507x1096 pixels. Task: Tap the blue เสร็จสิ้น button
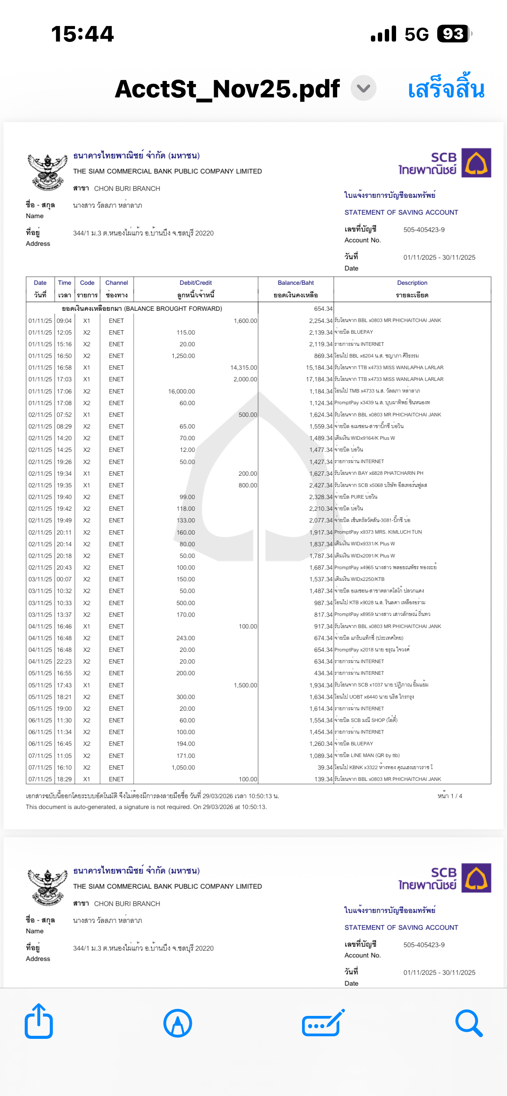click(446, 89)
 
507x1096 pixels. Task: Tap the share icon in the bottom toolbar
click(39, 1022)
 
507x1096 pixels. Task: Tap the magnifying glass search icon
click(469, 1023)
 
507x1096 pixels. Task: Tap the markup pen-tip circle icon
click(178, 1023)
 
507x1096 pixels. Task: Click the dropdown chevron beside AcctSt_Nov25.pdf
click(364, 88)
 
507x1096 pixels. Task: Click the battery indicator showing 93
click(453, 34)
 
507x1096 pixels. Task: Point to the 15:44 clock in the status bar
click(82, 34)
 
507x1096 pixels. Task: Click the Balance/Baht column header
click(296, 283)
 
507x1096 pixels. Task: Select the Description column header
click(412, 283)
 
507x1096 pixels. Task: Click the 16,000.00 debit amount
click(182, 391)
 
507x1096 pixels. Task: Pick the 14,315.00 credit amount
click(244, 367)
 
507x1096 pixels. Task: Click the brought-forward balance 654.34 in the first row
click(323, 309)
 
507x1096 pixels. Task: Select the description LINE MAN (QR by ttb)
click(367, 755)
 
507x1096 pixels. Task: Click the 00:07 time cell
click(64, 579)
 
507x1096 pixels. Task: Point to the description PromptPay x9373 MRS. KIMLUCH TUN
click(378, 532)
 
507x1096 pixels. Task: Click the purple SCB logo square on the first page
click(476, 163)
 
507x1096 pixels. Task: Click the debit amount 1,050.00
click(183, 767)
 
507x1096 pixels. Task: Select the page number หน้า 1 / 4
click(450, 796)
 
